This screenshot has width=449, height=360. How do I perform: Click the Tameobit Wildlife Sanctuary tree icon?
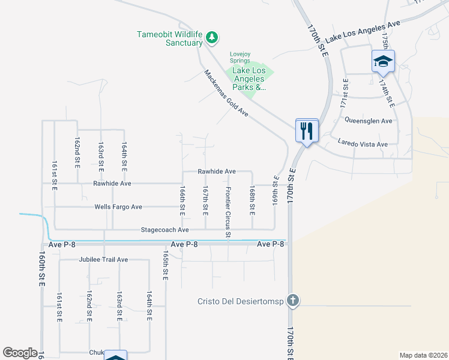point(211,38)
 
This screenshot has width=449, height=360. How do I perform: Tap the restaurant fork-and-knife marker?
point(307,130)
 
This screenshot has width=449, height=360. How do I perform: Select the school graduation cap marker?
point(382,61)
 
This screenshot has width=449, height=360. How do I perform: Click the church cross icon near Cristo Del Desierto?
point(292,300)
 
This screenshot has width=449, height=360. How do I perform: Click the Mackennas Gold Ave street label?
point(226,92)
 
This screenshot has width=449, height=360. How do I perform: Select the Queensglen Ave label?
point(368,121)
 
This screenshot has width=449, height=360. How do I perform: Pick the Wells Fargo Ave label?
point(118,207)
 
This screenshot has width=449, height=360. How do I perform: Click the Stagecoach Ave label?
point(164,230)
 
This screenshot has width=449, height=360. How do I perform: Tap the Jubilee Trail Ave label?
point(103,260)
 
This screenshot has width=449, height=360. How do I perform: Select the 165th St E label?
point(165,265)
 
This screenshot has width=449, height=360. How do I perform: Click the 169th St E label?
point(276,188)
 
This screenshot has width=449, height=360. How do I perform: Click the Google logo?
point(20,353)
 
